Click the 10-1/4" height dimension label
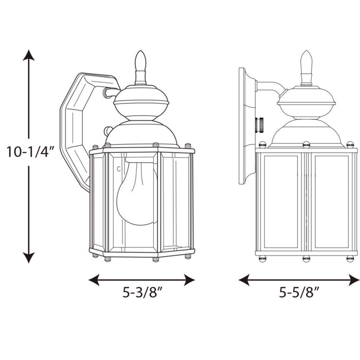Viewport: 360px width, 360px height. (29, 153)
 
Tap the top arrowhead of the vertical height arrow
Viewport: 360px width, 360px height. (29, 55)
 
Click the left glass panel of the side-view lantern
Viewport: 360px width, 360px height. (281, 201)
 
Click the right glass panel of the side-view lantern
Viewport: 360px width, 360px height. (331, 201)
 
